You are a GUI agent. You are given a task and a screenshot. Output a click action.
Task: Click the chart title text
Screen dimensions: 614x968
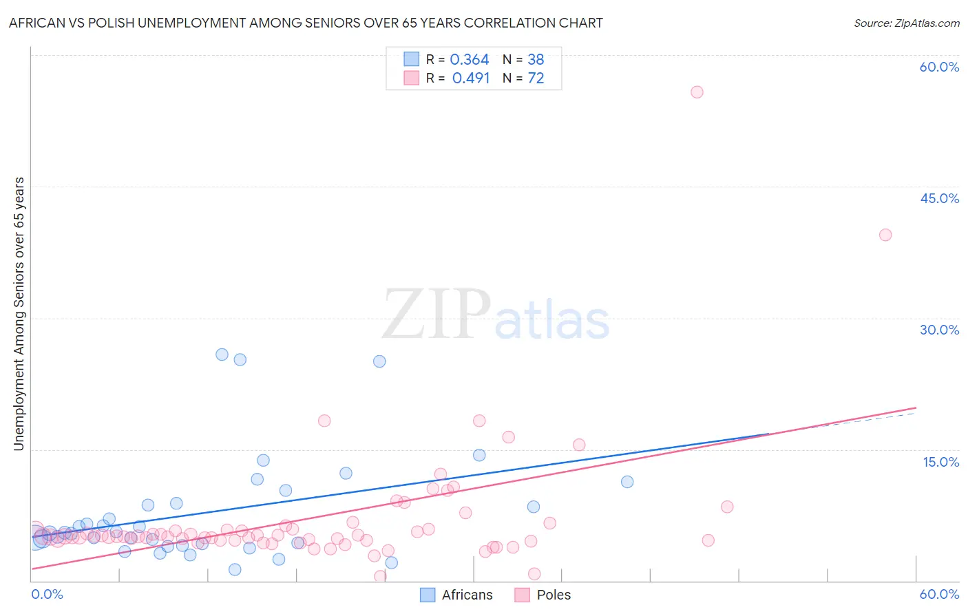pos(306,23)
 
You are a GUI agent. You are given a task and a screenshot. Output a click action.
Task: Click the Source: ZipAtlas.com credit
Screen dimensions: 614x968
pos(906,23)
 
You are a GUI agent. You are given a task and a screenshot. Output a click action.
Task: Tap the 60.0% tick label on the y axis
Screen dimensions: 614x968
pos(939,67)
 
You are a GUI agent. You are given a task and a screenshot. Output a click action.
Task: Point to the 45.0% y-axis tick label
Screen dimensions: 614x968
pos(939,198)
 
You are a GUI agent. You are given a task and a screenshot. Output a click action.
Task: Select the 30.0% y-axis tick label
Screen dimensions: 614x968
pos(939,330)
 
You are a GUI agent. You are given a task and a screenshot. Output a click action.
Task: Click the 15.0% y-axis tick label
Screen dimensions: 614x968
pos(940,462)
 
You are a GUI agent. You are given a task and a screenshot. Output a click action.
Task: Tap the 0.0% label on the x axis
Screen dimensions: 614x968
pos(47,594)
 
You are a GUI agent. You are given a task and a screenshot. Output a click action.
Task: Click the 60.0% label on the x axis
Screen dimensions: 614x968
pos(939,594)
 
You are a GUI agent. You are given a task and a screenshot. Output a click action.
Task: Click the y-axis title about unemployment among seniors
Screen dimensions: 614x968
pos(19,314)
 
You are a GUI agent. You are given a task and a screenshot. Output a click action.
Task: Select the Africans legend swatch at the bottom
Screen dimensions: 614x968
pos(428,595)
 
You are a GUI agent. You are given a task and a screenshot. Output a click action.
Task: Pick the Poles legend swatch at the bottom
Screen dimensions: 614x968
pos(522,595)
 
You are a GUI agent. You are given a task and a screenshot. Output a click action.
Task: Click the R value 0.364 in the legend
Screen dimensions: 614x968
pos(469,60)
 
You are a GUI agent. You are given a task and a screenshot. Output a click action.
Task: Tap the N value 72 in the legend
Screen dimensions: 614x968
pos(536,78)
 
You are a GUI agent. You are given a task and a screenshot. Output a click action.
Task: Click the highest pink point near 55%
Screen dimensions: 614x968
pos(697,92)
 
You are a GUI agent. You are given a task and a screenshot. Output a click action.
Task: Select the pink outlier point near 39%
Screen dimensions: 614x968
pos(885,235)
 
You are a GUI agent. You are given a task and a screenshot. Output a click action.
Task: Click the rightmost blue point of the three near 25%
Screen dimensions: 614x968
pos(379,361)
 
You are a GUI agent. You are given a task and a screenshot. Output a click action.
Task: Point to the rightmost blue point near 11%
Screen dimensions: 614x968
pos(627,482)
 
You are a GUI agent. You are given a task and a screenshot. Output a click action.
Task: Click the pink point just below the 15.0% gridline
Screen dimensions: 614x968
pos(579,445)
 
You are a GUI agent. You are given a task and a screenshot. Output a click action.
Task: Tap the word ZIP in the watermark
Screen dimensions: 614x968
pos(436,314)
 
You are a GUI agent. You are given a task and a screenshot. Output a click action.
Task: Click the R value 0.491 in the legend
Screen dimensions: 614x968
pos(471,78)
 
